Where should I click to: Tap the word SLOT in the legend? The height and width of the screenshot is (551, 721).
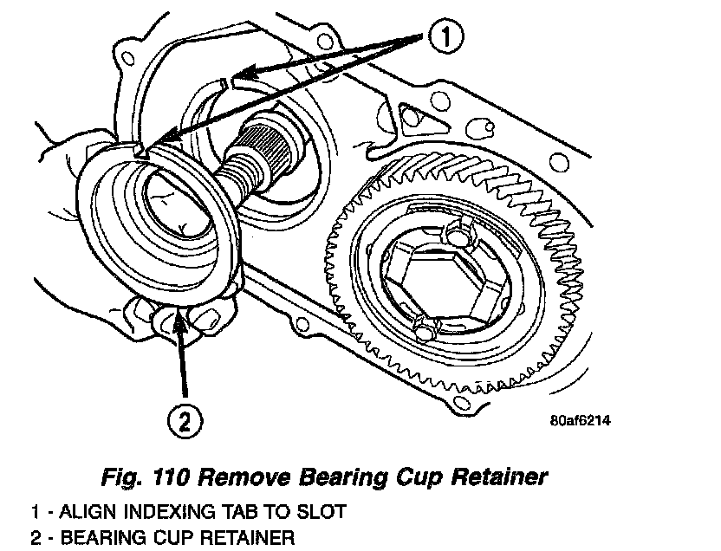click(322, 512)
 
